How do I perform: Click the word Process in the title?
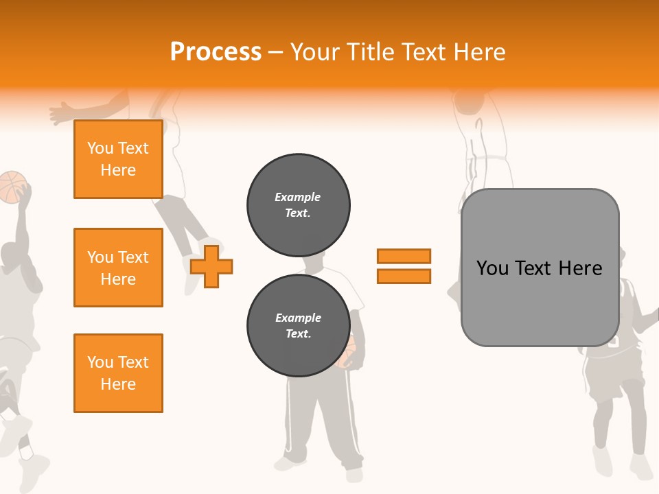click(x=216, y=52)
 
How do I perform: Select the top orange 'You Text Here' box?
click(x=118, y=159)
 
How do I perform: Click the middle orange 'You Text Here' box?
click(x=118, y=268)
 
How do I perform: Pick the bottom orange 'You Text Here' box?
click(x=118, y=373)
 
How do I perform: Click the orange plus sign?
click(x=211, y=266)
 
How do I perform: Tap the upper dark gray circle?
click(x=298, y=205)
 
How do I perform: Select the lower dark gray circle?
click(x=298, y=326)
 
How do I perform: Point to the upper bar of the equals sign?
click(x=404, y=256)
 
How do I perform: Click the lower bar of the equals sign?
click(x=404, y=276)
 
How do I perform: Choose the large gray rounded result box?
click(x=540, y=268)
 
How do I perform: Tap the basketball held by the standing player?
click(x=348, y=353)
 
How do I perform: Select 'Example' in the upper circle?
click(x=298, y=197)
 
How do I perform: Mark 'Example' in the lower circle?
click(x=298, y=318)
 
